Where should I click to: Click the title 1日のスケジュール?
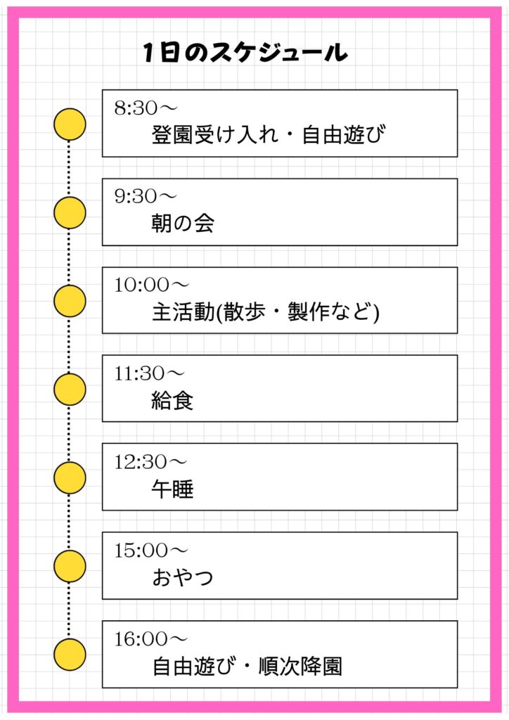(x=245, y=53)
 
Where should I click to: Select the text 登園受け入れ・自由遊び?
(x=269, y=134)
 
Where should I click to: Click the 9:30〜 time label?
(x=146, y=196)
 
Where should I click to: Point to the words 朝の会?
(x=183, y=223)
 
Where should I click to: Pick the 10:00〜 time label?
(x=151, y=285)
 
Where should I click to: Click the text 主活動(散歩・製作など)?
(x=265, y=311)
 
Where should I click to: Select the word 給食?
(x=172, y=400)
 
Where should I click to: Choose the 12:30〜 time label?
(x=151, y=461)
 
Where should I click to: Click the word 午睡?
(x=172, y=489)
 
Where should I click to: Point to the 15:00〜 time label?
(x=151, y=550)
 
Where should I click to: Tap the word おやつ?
(x=183, y=577)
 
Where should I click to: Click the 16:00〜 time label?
(x=151, y=638)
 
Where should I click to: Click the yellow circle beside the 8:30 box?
(x=70, y=124)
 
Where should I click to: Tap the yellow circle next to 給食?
(x=70, y=390)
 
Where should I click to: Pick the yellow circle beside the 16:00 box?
(x=70, y=655)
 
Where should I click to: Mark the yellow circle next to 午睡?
(x=70, y=477)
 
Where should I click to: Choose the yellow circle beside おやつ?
(x=70, y=566)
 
